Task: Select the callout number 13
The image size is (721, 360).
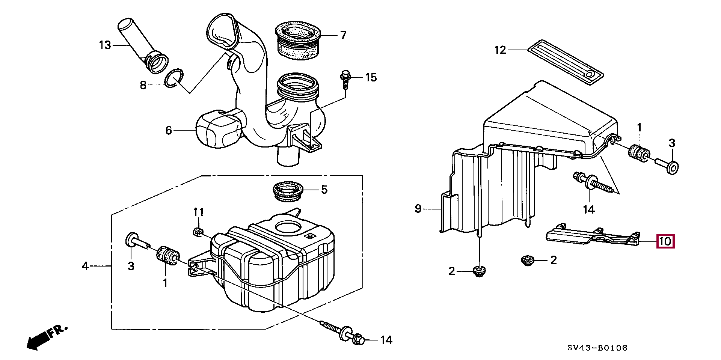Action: [105, 45]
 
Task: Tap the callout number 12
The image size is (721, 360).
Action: [500, 50]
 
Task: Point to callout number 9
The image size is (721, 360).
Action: [418, 209]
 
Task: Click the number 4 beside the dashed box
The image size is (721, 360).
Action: [86, 266]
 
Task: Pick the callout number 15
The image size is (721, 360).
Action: [371, 78]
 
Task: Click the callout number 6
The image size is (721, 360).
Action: [169, 131]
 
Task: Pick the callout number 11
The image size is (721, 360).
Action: [199, 212]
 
